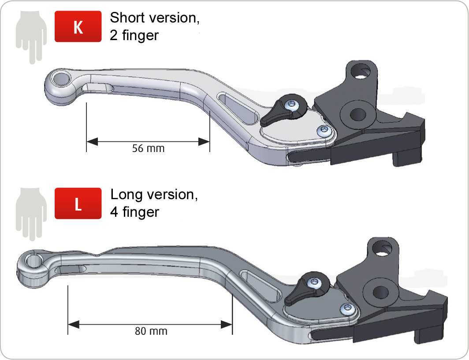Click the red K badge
(78, 26)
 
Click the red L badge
(78, 203)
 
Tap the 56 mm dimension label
(149, 148)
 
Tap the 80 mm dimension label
(151, 331)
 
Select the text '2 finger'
(134, 35)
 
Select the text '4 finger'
(134, 212)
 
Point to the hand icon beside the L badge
(31, 214)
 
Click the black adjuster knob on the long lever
(307, 289)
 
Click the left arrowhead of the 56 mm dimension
(92, 141)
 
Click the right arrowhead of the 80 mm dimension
(227, 324)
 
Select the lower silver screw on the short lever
(324, 131)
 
